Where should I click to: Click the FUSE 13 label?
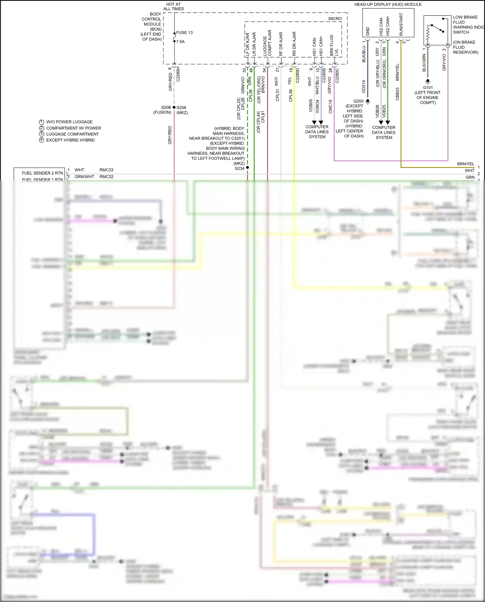[184, 33]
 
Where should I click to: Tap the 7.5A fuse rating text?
[180, 42]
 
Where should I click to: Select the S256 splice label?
[181, 107]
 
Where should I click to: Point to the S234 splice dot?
[247, 168]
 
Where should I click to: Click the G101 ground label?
[428, 87]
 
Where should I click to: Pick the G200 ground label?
[358, 101]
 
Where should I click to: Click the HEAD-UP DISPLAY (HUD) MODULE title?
[388, 5]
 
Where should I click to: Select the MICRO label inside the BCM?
[335, 19]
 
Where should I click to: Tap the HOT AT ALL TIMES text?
[174, 6]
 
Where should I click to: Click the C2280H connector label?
[178, 74]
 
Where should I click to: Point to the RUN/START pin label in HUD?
[401, 25]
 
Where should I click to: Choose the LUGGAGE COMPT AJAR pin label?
[267, 43]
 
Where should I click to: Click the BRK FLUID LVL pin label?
[334, 46]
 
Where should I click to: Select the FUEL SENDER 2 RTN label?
[42, 173]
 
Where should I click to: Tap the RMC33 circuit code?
[106, 170]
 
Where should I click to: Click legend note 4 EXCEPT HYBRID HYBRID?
[70, 140]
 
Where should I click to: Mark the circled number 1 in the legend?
[41, 122]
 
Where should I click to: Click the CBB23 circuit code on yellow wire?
[397, 94]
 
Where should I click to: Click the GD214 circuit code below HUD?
[364, 86]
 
